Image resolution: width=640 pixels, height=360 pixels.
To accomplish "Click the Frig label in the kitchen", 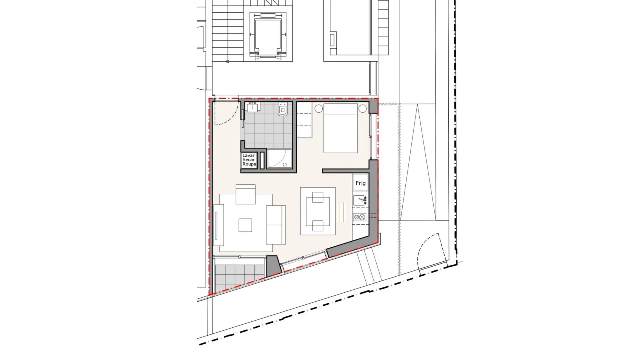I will [x=360, y=183].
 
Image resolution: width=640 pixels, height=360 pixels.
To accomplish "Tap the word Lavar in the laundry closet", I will [x=248, y=156].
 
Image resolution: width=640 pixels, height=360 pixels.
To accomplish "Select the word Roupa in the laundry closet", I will [x=248, y=164].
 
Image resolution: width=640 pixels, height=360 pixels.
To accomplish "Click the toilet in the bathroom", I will [x=283, y=109].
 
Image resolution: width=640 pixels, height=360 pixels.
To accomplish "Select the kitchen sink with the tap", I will [x=360, y=201].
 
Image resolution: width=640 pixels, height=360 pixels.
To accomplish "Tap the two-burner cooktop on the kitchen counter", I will [x=360, y=217].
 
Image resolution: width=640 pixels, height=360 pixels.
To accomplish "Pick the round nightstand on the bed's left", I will [x=318, y=108].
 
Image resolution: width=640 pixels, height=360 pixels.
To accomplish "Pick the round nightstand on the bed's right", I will [x=362, y=108].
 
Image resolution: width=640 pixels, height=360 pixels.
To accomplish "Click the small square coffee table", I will [x=245, y=226].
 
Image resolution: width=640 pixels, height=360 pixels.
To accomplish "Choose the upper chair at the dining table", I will [x=317, y=199].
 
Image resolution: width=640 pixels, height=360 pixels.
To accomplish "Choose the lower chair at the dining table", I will [x=318, y=226].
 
